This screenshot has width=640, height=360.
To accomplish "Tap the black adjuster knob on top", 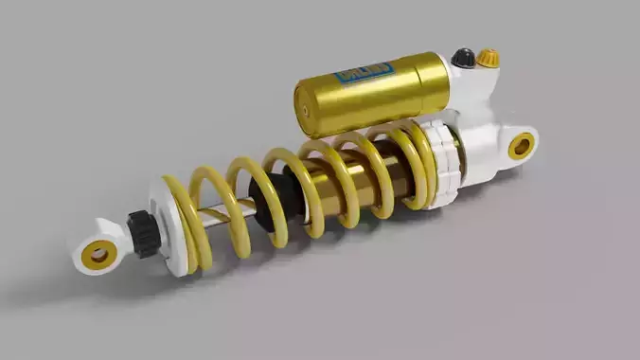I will (463, 58).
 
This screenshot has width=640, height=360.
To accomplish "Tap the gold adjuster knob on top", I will (488, 59).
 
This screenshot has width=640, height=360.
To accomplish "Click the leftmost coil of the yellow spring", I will (186, 223).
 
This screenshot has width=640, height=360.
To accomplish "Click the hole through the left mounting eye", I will (98, 253).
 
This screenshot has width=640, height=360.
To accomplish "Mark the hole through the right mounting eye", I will (521, 146).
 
